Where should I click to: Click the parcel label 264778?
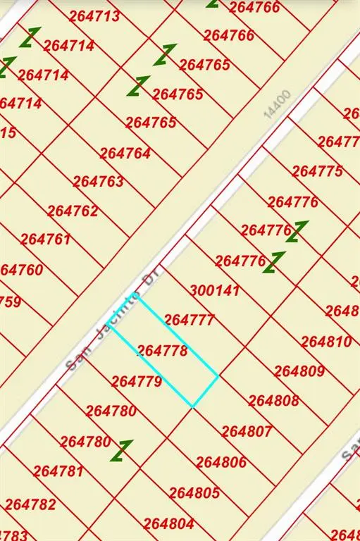coord(162,351)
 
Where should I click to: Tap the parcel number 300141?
coord(215,290)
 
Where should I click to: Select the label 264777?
coord(189,320)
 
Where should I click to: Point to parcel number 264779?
coord(137,382)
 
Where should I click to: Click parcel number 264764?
coord(125,153)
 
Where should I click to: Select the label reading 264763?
coord(99,182)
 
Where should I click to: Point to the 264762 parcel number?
coord(73,211)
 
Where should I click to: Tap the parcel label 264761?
coord(46,240)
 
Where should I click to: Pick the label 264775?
coord(318,171)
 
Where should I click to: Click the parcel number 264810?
coord(326,342)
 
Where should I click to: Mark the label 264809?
coord(299,371)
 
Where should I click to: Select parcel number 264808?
coord(274,401)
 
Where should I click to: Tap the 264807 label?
coord(247,431)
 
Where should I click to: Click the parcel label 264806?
coord(221,462)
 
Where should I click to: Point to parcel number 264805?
coord(194,493)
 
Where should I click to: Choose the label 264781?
coord(58,471)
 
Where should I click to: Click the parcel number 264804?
coord(169,523)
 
